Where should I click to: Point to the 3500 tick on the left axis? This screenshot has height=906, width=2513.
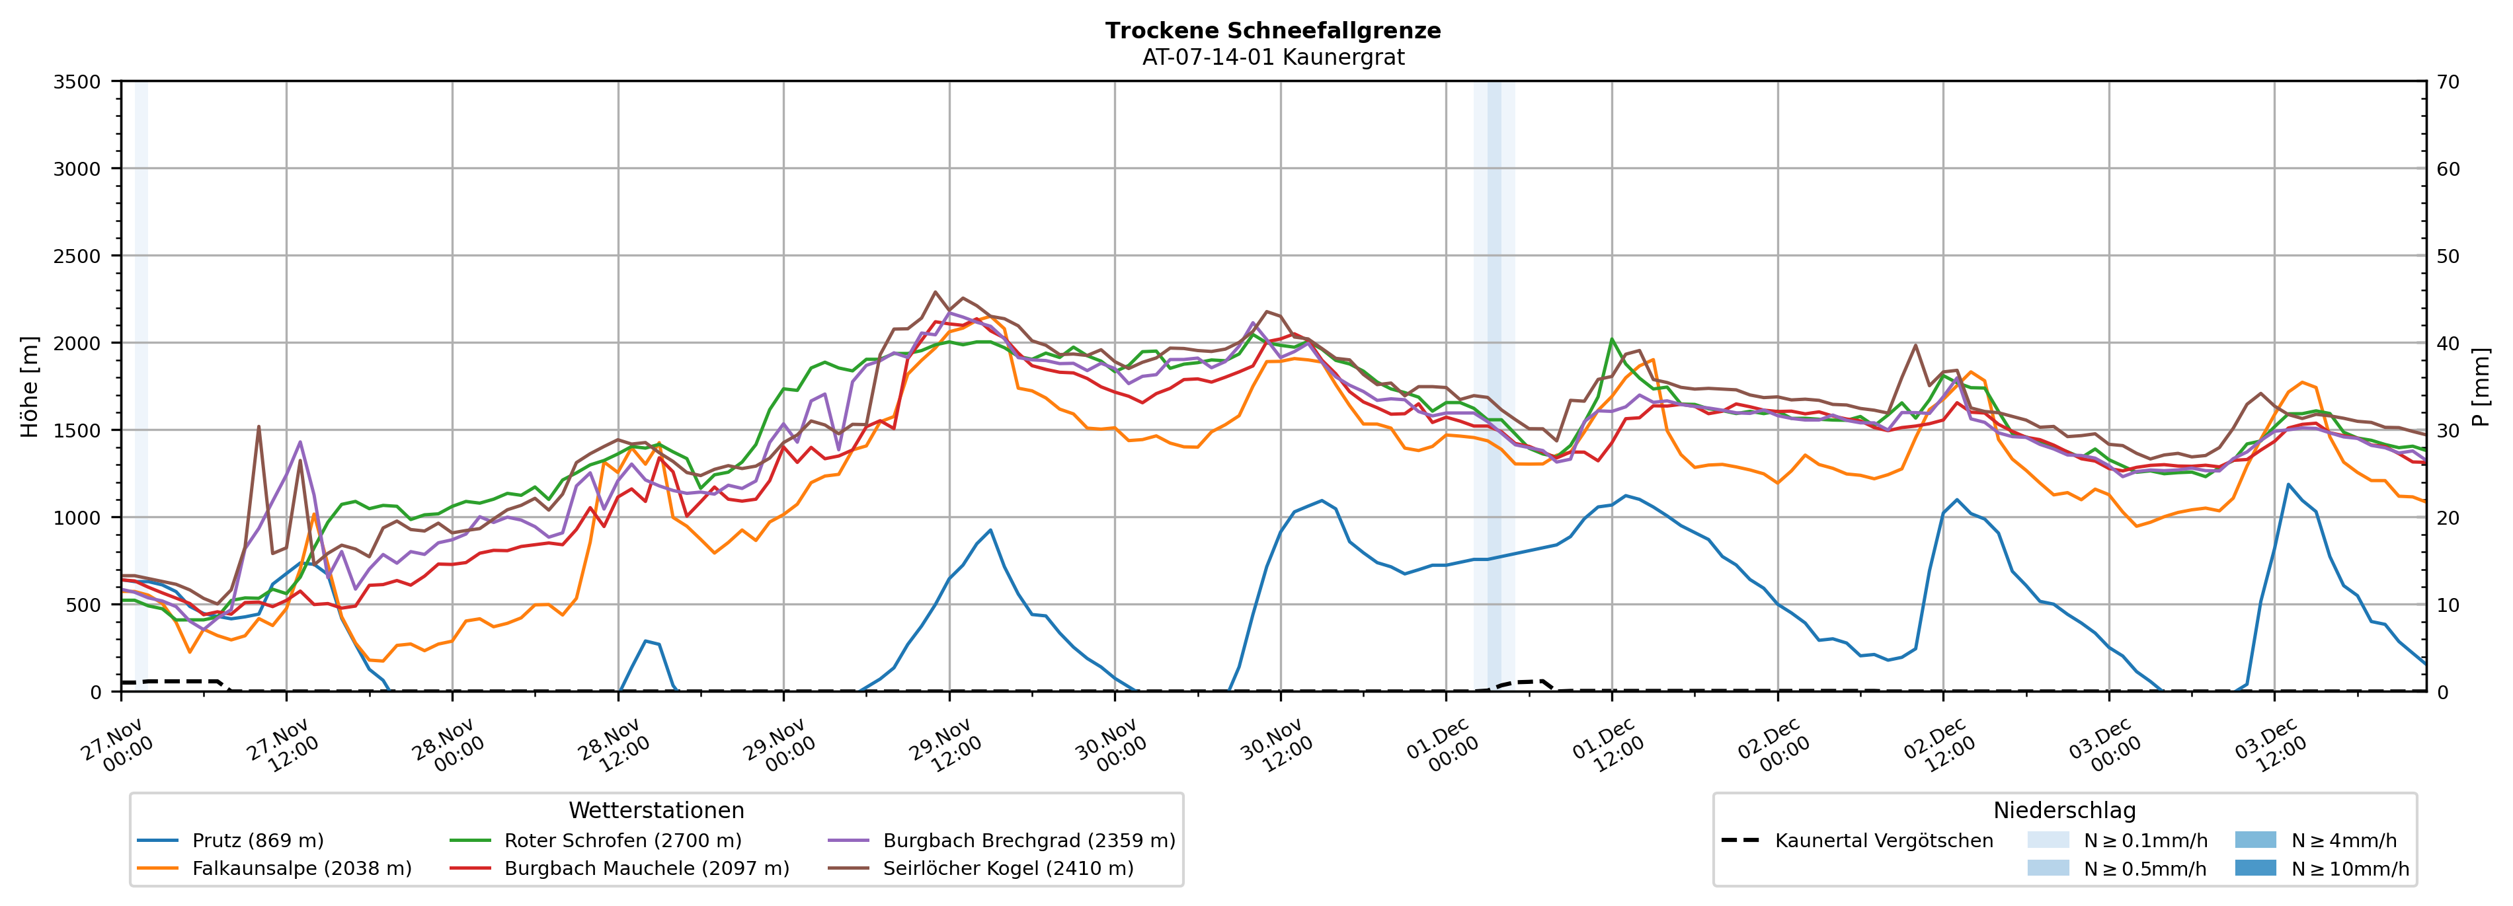[x=77, y=82]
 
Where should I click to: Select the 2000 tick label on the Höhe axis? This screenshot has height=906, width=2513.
[x=77, y=343]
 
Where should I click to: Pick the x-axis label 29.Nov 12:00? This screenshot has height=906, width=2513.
[x=944, y=746]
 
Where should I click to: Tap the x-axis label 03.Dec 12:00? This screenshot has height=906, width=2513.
[x=2270, y=746]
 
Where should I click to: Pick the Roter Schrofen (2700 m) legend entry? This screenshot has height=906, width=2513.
[x=622, y=841]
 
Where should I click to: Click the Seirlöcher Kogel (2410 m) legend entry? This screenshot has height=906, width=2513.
[x=1008, y=868]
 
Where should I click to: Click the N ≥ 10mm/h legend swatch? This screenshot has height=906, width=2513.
[x=2254, y=868]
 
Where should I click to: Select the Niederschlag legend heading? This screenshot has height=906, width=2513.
[x=2064, y=810]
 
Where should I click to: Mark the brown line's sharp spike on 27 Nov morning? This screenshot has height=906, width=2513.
[x=259, y=426]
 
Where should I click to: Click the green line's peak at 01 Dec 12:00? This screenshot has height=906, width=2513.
[x=1612, y=340]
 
